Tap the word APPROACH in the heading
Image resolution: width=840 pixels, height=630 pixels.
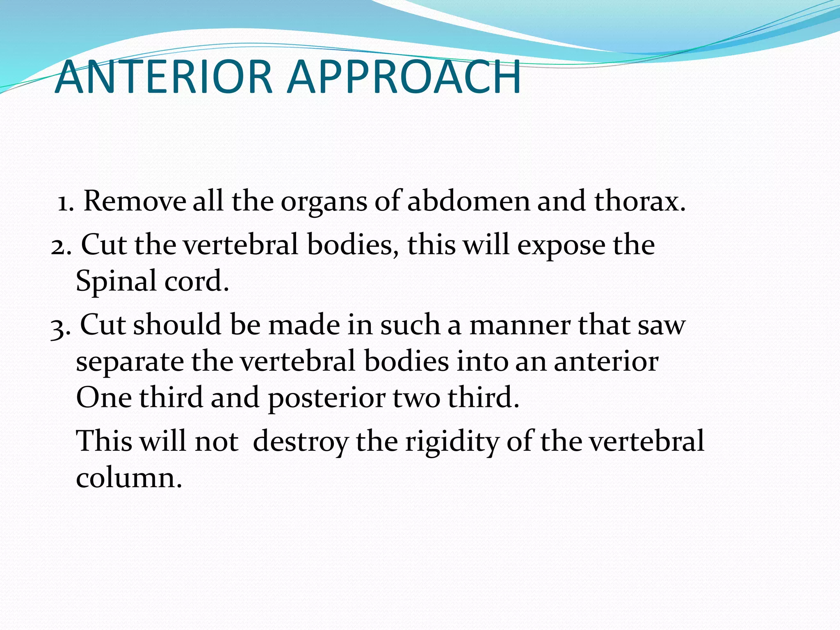(404, 77)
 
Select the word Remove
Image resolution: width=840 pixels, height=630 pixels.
(135, 201)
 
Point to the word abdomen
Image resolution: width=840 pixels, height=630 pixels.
(468, 201)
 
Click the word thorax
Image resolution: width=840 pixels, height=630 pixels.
(640, 201)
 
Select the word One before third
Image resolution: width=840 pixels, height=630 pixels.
(104, 398)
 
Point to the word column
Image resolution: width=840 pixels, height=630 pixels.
(129, 478)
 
